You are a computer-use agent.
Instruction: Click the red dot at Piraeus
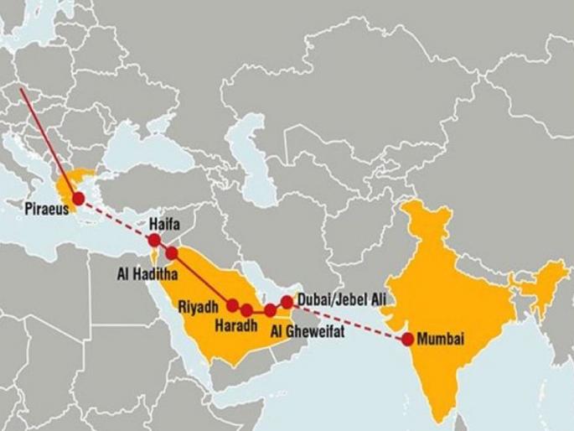[78, 199]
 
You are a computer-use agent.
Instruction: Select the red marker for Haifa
[154, 240]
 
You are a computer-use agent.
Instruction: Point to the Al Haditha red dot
[172, 252]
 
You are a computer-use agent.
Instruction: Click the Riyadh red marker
[233, 305]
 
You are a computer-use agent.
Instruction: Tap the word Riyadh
[199, 307]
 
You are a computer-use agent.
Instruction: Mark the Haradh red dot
[246, 310]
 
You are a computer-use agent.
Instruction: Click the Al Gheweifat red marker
[270, 310]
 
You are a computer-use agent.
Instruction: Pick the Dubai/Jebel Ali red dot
[287, 300]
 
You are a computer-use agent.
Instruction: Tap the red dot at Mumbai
[407, 340]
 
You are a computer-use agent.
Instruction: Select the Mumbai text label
[440, 340]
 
